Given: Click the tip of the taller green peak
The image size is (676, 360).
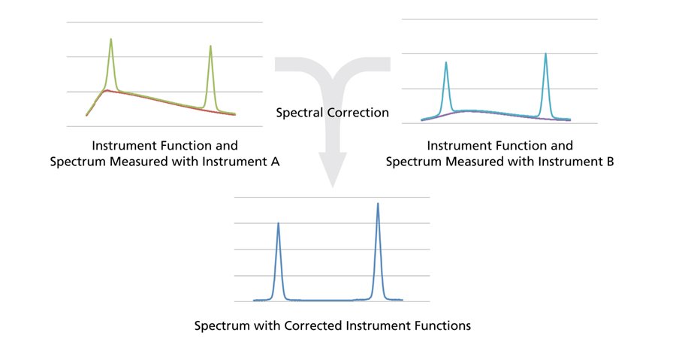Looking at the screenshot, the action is tap(111, 39).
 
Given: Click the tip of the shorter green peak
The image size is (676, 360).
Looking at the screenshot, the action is tap(210, 46).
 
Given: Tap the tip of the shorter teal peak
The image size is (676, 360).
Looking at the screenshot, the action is tap(445, 62).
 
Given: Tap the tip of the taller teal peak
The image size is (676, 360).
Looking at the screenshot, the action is tap(545, 53).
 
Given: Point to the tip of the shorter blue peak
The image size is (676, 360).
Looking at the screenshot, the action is tap(278, 223).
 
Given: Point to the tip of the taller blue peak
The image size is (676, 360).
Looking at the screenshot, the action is tap(378, 204).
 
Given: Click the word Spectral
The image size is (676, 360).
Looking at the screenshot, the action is tap(300, 113).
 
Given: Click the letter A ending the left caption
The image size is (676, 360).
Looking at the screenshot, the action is tap(275, 162).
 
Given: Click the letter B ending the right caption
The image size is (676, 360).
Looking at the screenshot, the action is tap(610, 162).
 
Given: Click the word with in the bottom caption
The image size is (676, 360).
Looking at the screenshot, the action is tap(267, 325).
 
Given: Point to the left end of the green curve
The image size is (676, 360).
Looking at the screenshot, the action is tap(86, 115).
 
